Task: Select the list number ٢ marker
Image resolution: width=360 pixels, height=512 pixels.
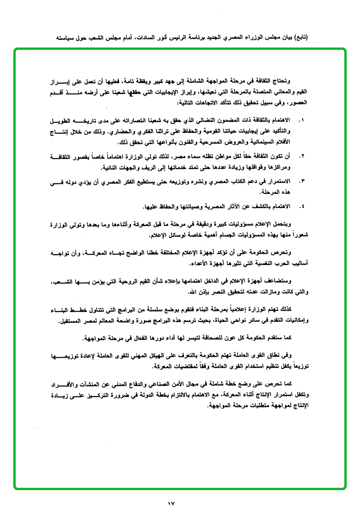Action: pos(302,156)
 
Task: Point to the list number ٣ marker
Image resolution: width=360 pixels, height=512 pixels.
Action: pos(302,182)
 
